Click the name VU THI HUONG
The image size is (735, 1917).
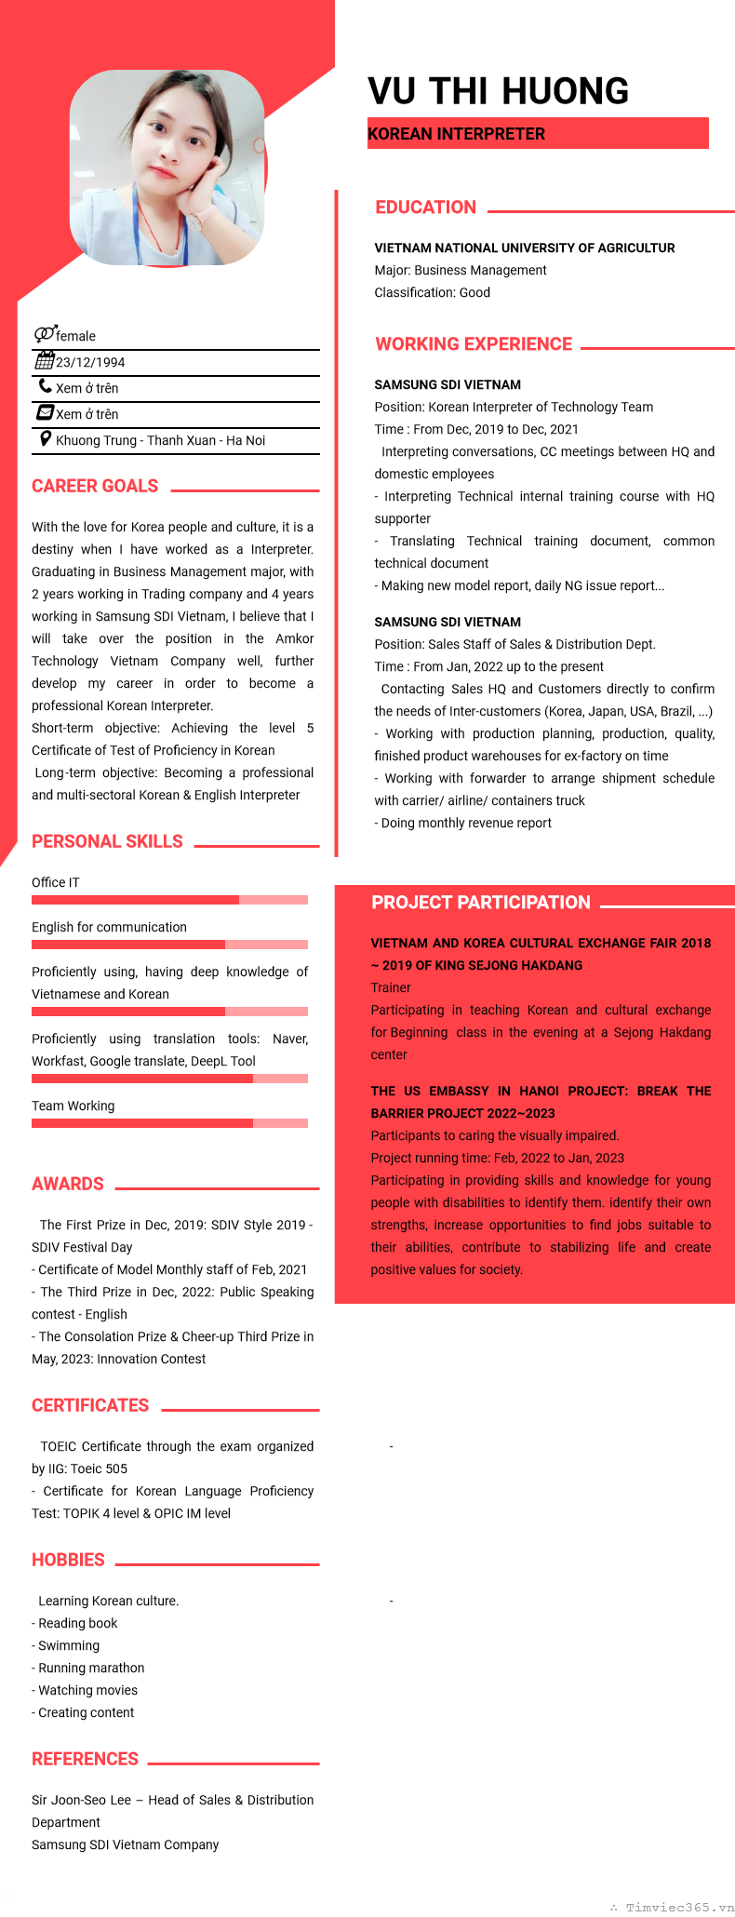click(x=498, y=91)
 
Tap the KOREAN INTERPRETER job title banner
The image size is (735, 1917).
click(x=538, y=133)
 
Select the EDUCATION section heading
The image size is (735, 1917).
click(x=425, y=208)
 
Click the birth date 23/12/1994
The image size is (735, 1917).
click(x=90, y=363)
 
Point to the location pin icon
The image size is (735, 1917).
click(x=45, y=439)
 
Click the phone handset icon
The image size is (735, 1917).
click(x=45, y=386)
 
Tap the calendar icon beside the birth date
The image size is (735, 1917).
click(x=45, y=361)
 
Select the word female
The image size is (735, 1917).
click(x=75, y=336)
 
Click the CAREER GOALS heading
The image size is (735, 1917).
click(x=95, y=486)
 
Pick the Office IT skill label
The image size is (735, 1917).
click(x=56, y=882)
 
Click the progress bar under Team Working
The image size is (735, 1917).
click(x=169, y=1123)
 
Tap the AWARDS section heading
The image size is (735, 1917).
click(x=68, y=1184)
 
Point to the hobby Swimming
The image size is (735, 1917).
click(x=69, y=1645)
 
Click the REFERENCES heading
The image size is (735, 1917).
click(x=85, y=1759)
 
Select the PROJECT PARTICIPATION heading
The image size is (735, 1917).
click(x=480, y=902)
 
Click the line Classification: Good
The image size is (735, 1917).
click(x=432, y=292)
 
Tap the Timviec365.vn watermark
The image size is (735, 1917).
click(x=679, y=1907)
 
